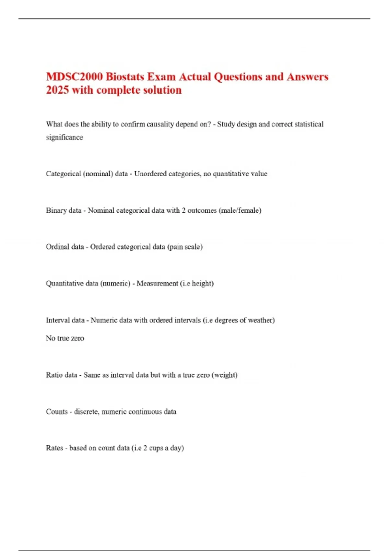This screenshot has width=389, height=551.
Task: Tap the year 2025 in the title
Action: point(57,90)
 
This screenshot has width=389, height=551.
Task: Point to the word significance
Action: point(65,137)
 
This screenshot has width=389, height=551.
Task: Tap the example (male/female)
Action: point(240,210)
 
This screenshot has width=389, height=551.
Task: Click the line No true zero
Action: point(65,338)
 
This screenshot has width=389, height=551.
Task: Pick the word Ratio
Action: point(53,375)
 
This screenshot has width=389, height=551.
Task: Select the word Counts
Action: point(57,412)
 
